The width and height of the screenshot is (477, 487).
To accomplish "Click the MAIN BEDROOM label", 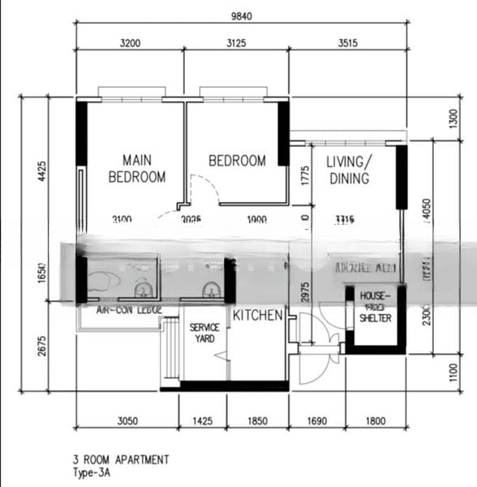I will [x=137, y=168].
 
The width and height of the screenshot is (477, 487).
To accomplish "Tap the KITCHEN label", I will [x=258, y=315].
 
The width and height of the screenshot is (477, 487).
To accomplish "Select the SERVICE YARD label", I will [x=204, y=333].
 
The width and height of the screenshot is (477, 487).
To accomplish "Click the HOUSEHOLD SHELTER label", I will [x=376, y=308].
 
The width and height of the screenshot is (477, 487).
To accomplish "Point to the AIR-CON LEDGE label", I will [x=123, y=310].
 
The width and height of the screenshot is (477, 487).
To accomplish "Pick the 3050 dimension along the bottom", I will [x=126, y=421].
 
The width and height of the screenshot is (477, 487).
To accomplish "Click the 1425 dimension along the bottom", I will [x=202, y=421].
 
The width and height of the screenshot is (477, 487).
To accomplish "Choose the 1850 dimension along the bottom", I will [x=256, y=421].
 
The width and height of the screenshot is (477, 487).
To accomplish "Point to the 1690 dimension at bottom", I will [x=316, y=421].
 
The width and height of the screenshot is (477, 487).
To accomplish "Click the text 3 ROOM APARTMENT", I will [x=121, y=459].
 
